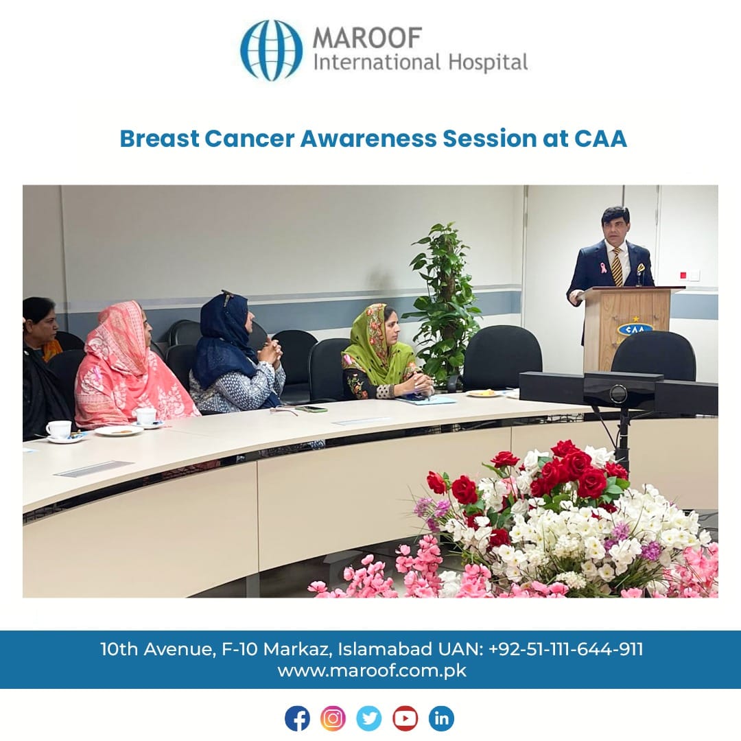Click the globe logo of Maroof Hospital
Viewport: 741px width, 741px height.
click(x=271, y=50)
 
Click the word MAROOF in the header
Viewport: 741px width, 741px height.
click(x=367, y=37)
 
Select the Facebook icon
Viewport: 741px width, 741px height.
click(x=297, y=718)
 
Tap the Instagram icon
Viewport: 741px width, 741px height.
click(x=333, y=718)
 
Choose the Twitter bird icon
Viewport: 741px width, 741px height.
click(x=369, y=718)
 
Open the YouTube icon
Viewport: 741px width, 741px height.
click(x=405, y=718)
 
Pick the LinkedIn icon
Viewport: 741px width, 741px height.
click(x=441, y=718)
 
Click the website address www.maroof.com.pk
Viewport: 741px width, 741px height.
click(x=372, y=671)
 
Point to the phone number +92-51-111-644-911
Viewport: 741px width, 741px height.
click(x=565, y=649)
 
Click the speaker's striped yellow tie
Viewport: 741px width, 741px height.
click(x=617, y=266)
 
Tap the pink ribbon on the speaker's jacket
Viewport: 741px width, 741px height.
click(x=604, y=268)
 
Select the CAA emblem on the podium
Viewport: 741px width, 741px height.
click(x=635, y=329)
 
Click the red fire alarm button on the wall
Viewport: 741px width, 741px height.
click(x=683, y=275)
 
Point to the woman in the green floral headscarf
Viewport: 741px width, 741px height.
click(x=385, y=352)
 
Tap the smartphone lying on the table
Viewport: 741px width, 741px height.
click(x=311, y=409)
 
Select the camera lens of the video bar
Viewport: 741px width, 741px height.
click(x=617, y=394)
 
